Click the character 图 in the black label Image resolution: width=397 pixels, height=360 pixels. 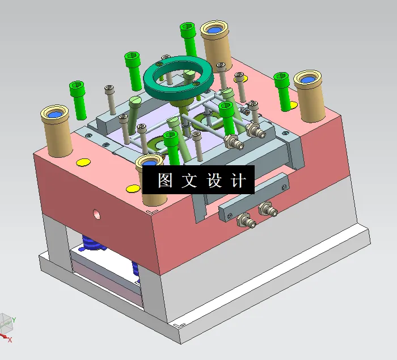click(x=164, y=181)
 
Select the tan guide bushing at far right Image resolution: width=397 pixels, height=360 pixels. click(x=310, y=95)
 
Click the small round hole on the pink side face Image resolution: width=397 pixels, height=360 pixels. click(x=97, y=215)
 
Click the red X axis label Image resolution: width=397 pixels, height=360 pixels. click(x=10, y=340)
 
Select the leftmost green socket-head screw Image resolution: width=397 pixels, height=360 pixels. click(x=78, y=98)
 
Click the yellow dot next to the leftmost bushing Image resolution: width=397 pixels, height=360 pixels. click(x=83, y=163)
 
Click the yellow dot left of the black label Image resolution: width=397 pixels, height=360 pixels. click(x=133, y=189)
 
